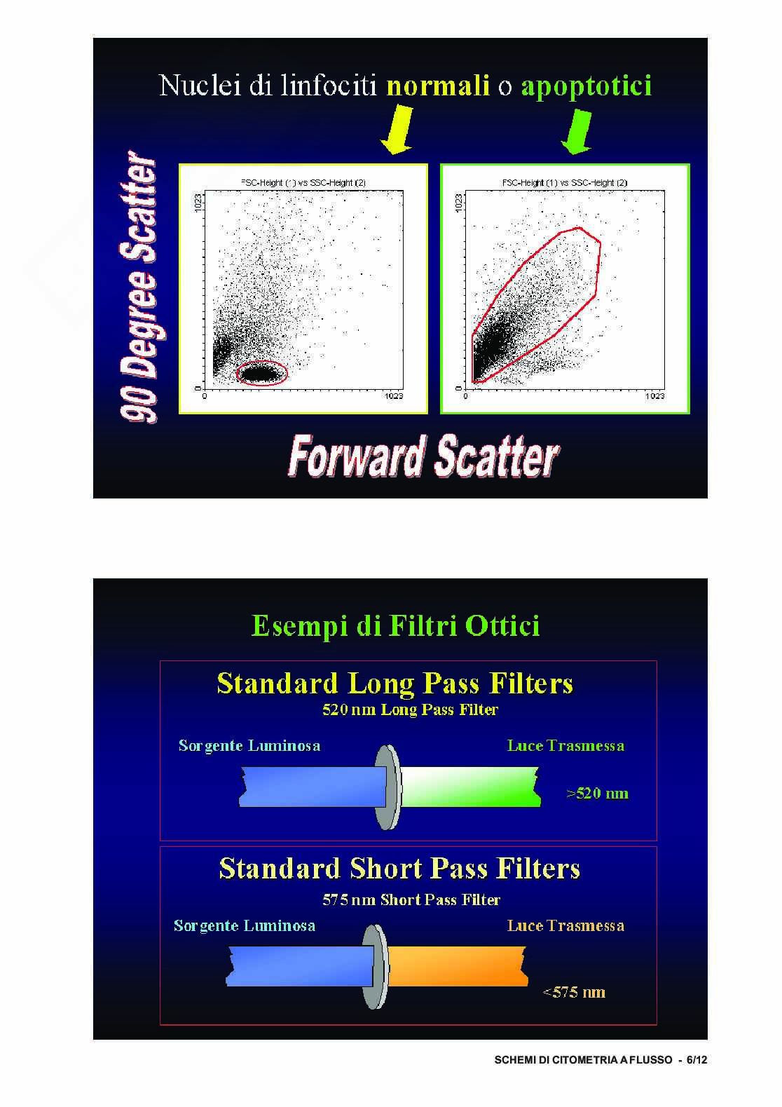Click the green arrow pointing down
coord(577,132)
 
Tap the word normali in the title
coord(438,86)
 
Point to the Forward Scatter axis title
coord(424,456)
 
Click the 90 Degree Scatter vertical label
coord(140,287)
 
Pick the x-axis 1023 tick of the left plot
coord(394,396)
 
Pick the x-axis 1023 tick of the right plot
coord(654,396)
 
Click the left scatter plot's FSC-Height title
coord(303,183)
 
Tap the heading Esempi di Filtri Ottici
coord(395,625)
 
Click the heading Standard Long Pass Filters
coord(395,684)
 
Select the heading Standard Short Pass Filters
coord(399,869)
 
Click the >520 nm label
coord(597,793)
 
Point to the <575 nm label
coord(573,992)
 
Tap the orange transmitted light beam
coord(458,966)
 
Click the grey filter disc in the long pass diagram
coord(387,787)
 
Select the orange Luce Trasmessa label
coord(565,925)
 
